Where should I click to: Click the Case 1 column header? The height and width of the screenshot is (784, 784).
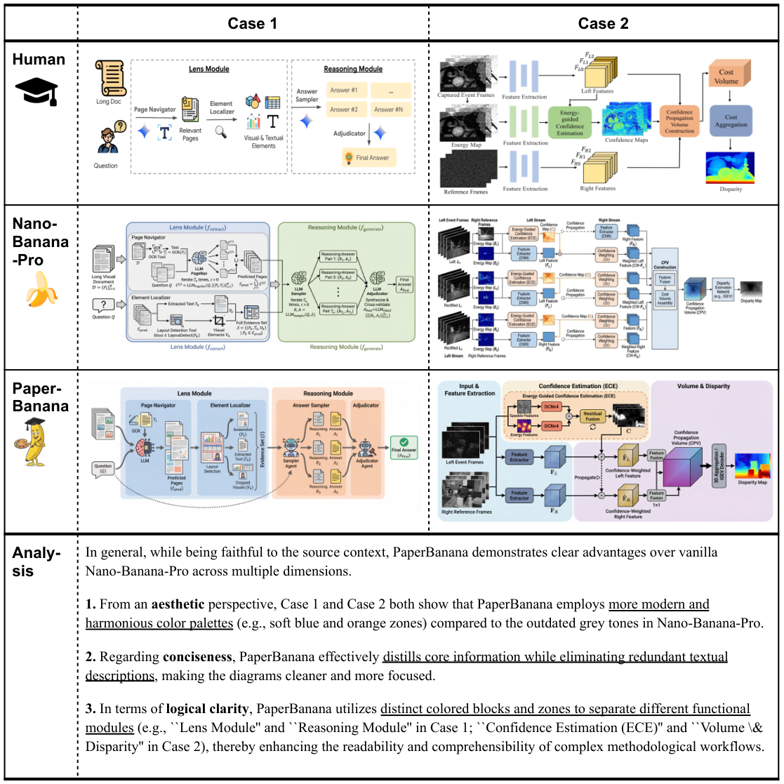253,23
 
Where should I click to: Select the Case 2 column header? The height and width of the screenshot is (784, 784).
603,23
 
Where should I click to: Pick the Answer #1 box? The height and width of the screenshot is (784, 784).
345,90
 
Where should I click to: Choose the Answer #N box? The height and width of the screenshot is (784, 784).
388,109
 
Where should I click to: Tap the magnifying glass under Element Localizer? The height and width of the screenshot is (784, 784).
222,131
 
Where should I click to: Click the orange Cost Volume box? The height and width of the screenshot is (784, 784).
726,77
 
